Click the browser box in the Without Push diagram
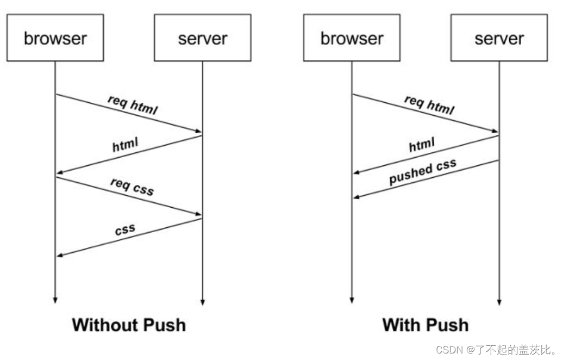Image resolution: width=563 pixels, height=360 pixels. [x=55, y=38]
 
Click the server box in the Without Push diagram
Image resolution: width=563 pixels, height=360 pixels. [x=202, y=38]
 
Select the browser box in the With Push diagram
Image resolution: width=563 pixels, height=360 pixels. [x=352, y=38]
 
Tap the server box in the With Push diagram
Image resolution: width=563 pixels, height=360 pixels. [x=499, y=38]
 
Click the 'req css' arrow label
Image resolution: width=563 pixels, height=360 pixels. [x=132, y=187]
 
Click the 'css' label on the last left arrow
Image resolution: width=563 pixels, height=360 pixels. [x=125, y=229]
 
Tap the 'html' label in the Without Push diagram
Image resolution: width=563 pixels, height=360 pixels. [x=126, y=145]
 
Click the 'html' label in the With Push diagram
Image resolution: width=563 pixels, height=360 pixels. [x=422, y=145]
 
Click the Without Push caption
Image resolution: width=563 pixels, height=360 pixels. [x=129, y=325]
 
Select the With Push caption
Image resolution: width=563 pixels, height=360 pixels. [x=425, y=325]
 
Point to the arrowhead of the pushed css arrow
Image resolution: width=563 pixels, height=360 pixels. [x=356, y=196]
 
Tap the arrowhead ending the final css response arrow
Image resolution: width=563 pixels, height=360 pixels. [x=60, y=255]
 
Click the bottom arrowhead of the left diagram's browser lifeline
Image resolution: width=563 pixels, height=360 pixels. [x=55, y=300]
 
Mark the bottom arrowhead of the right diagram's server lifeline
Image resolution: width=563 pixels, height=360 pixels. [x=499, y=301]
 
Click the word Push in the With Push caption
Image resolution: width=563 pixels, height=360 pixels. [x=447, y=325]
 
